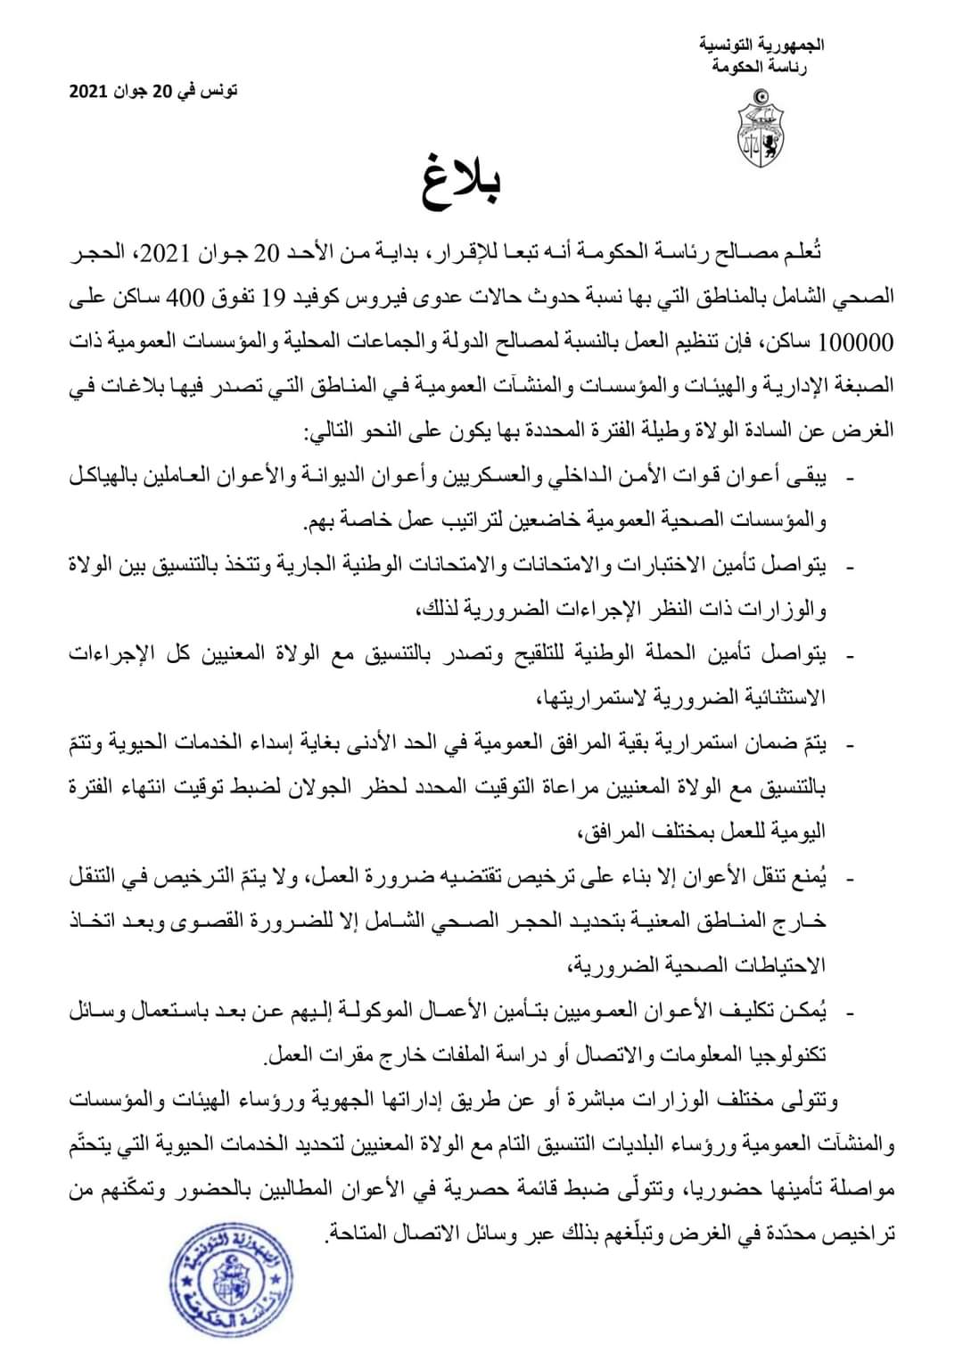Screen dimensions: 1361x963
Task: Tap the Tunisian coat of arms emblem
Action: tap(761, 127)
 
